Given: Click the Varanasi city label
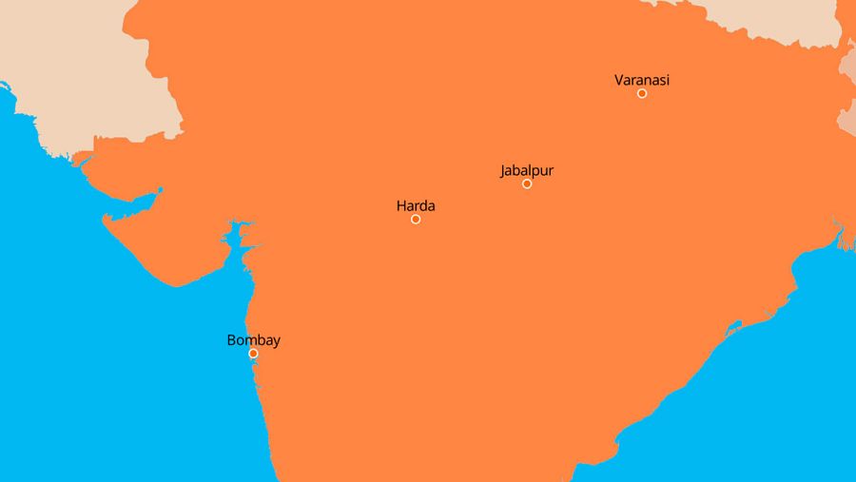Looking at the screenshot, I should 642,80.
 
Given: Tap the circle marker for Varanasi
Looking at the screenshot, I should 642,93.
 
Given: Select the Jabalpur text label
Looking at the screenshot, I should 526,171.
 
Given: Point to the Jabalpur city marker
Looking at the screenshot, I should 527,183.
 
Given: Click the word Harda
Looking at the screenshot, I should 416,205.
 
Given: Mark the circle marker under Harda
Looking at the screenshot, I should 416,220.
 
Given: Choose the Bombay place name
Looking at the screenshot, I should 253,340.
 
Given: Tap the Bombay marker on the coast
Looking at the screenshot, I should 253,354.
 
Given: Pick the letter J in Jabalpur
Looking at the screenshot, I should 503,171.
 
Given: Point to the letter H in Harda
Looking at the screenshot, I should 400,205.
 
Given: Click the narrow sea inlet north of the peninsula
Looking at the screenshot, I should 133,202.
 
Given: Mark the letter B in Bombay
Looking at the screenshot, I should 231,340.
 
